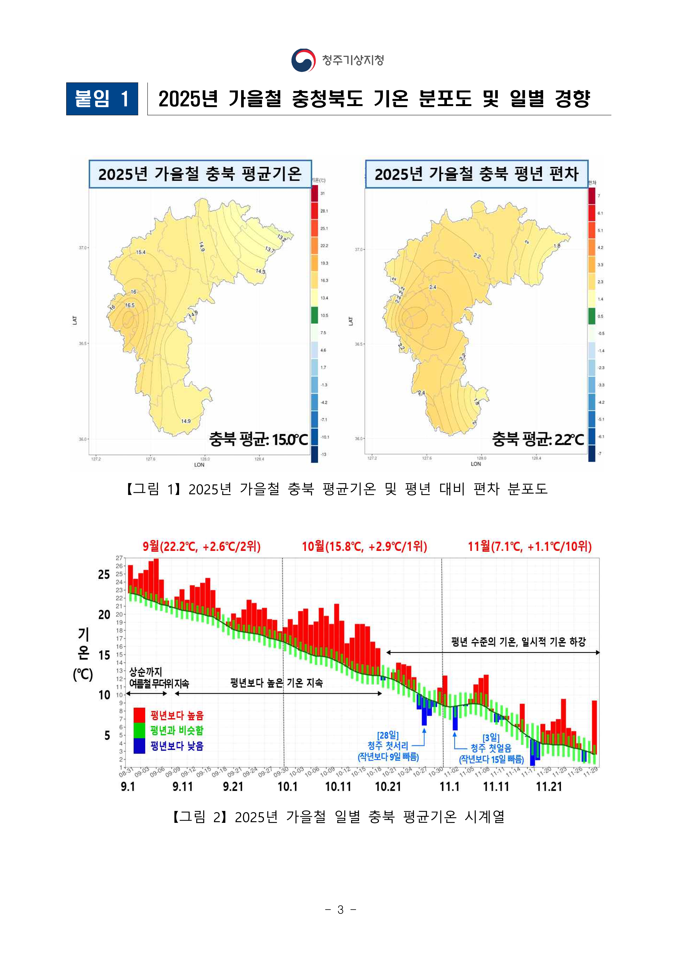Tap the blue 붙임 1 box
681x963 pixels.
tap(102, 99)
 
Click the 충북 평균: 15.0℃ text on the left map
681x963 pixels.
tap(258, 439)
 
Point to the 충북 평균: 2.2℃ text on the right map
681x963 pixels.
tap(538, 439)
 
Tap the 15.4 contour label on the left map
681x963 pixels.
tap(140, 252)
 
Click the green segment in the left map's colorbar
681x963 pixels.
tap(315, 315)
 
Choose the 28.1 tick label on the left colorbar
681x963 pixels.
tap(324, 211)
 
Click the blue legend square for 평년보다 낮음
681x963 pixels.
tap(139, 746)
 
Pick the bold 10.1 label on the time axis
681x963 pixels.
tap(287, 786)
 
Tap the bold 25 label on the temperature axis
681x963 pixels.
tap(104, 575)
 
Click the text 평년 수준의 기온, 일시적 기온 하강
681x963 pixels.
tap(518, 642)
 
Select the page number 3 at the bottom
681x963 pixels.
tap(341, 909)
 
